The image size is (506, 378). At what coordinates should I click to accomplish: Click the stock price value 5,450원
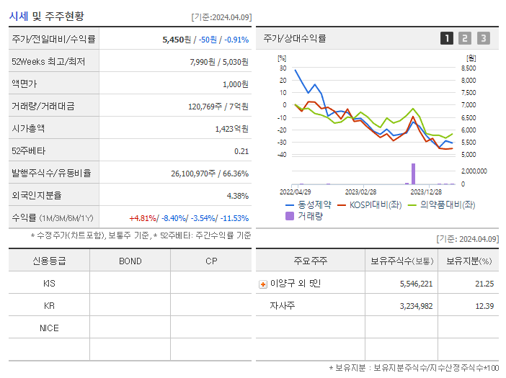coord(177,40)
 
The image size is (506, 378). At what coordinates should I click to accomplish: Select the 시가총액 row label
coord(28,129)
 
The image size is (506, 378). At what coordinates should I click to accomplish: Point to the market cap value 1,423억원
coord(231,129)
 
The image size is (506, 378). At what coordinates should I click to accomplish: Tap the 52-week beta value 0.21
coord(241,151)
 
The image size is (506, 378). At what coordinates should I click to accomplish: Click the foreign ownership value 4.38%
coord(237,196)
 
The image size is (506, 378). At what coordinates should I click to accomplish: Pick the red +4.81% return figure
coord(143,218)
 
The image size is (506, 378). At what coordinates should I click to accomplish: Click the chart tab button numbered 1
coord(447,38)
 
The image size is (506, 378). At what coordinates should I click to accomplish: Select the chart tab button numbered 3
coord(483,38)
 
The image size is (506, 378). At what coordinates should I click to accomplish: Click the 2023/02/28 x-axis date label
coord(360,192)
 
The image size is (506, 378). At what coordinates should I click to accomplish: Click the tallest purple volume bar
coord(413,174)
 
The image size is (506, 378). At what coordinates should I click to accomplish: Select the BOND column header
coord(130,261)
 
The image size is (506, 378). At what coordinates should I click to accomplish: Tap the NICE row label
coord(49,328)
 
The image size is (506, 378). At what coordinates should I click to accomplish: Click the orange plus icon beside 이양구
coord(263,284)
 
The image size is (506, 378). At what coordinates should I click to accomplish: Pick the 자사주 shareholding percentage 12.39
coord(484,306)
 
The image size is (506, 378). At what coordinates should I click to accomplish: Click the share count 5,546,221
coord(416,284)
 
